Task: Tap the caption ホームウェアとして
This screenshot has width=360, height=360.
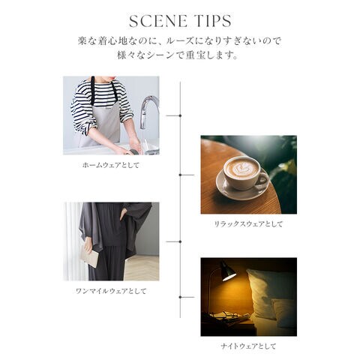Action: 111,165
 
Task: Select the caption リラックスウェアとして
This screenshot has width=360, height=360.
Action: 248,224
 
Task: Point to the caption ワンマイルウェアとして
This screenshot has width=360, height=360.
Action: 111,291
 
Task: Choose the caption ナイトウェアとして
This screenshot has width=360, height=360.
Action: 248,346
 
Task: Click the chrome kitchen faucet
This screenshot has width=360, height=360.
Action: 148,112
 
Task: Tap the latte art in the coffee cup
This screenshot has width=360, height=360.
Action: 241,169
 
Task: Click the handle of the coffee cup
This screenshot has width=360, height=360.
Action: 262,179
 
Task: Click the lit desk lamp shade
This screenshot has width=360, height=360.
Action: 228,271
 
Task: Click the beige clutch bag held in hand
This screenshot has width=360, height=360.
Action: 90,256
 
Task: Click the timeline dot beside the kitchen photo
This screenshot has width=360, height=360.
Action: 180,115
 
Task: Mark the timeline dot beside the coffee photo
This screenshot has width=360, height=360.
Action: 180,175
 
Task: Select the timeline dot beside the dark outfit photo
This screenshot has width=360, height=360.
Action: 180,241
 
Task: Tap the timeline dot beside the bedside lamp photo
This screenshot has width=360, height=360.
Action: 180,297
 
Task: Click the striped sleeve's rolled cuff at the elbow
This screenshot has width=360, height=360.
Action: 88,126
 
